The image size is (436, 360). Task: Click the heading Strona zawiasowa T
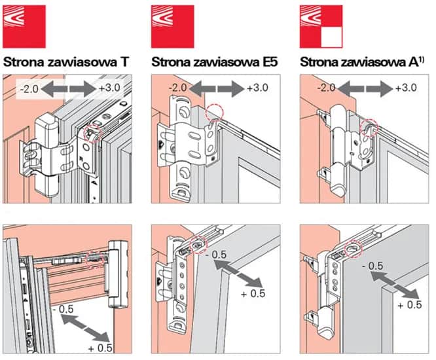(65, 63)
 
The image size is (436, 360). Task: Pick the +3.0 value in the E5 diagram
(257, 88)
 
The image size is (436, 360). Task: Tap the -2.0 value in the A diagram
(325, 88)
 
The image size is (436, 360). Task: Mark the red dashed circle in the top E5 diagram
(214, 113)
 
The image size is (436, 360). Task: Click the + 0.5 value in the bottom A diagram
(411, 305)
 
